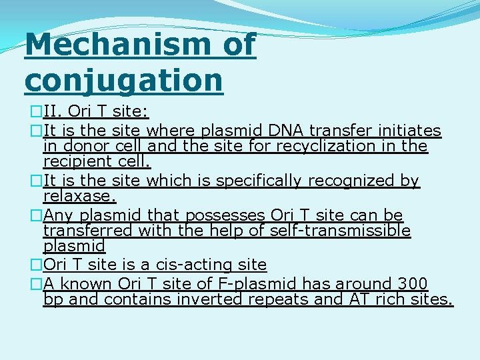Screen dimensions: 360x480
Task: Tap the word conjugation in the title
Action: point(123,80)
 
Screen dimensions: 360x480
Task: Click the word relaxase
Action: point(79,197)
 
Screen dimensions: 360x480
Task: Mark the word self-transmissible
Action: point(343,231)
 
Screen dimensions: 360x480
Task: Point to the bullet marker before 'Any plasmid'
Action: point(37,215)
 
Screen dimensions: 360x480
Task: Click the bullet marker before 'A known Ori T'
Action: point(37,284)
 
